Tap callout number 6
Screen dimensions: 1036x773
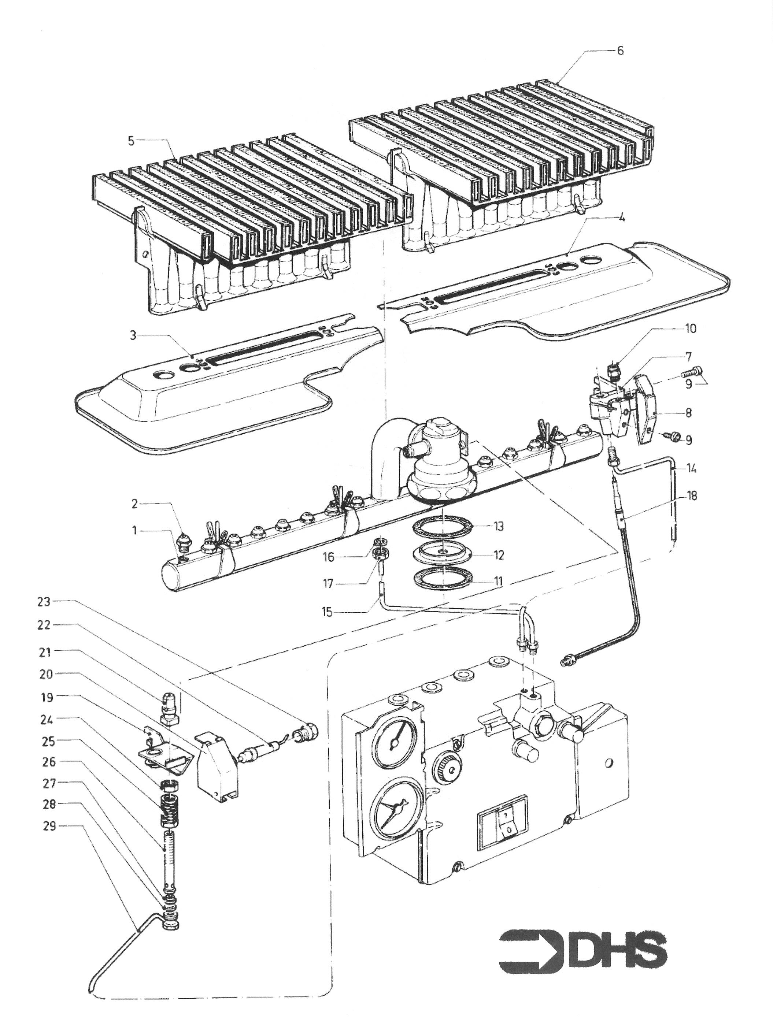point(620,51)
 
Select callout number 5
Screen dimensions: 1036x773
point(131,141)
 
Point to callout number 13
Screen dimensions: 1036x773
point(499,526)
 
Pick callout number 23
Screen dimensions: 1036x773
point(44,602)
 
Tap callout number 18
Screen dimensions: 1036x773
point(692,495)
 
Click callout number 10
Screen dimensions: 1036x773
point(690,329)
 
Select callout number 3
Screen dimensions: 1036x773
point(133,336)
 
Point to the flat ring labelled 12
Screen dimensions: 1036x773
point(442,555)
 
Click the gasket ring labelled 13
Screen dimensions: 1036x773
point(442,526)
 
